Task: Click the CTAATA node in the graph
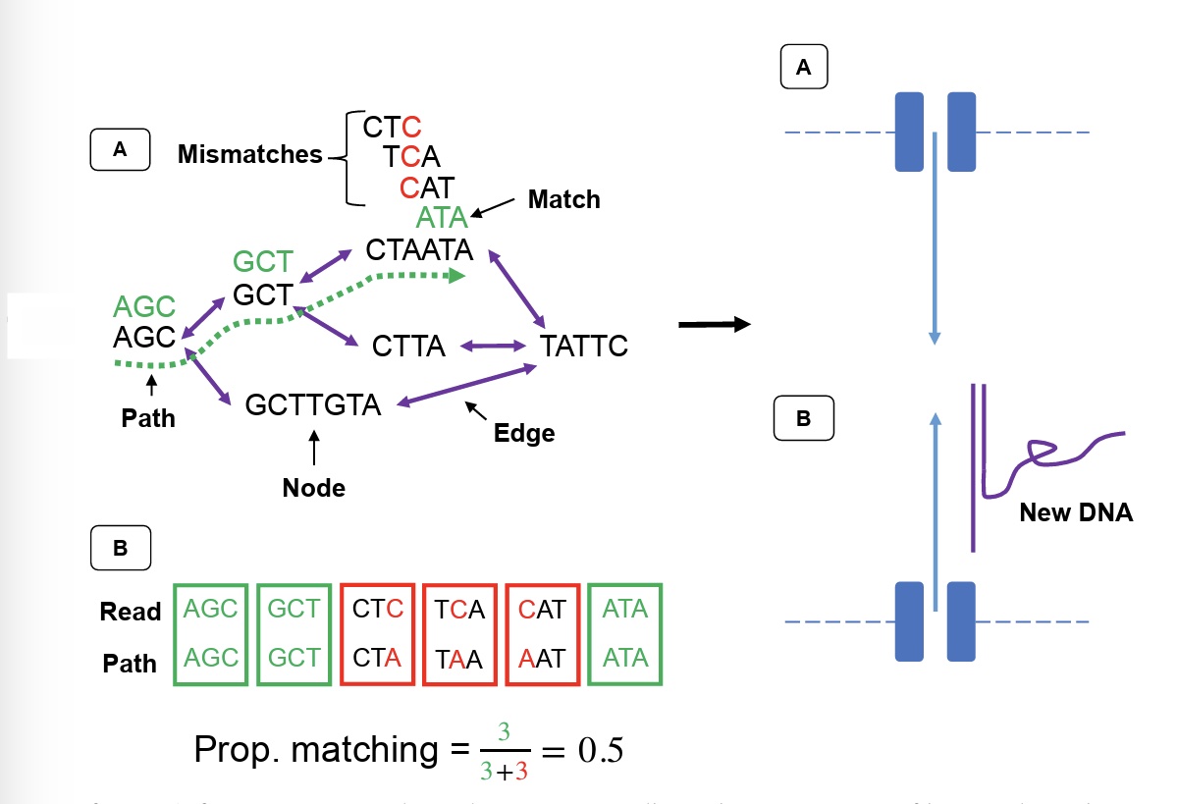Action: point(419,249)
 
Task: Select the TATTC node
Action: point(584,347)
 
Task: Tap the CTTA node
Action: point(408,347)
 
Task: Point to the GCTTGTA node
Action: point(313,404)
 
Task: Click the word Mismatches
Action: point(250,154)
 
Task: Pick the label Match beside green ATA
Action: point(563,200)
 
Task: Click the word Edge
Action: point(525,432)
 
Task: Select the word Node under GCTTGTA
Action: point(313,487)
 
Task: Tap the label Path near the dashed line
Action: point(148,418)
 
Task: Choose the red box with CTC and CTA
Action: point(378,634)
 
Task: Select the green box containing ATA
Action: point(625,634)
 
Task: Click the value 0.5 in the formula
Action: point(592,751)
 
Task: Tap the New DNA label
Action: point(1076,511)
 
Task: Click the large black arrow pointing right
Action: point(714,325)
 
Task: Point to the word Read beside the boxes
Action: point(130,612)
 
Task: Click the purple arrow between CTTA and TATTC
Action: point(494,346)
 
